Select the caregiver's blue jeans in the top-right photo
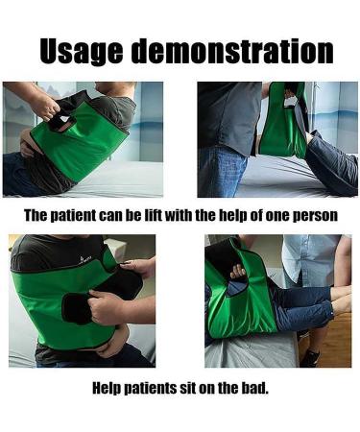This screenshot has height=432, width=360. point(220,174)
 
